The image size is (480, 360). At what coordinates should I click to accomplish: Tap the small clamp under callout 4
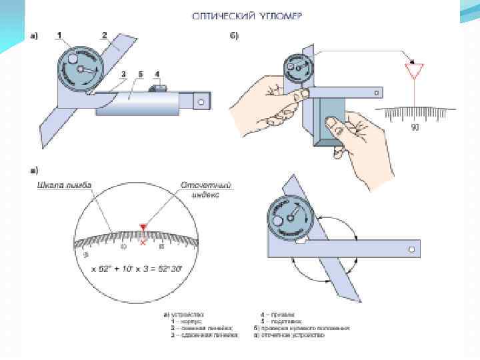157,87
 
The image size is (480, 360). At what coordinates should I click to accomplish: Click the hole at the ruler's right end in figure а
200,102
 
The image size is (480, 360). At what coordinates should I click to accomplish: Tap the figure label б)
233,35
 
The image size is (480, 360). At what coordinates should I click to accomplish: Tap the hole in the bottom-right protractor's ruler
411,249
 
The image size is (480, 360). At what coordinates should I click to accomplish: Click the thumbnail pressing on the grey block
329,121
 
